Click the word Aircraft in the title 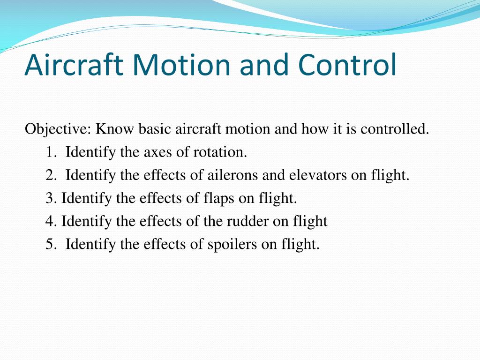[74, 64]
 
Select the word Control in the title [347, 64]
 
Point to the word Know [115, 129]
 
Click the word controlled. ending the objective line [395, 129]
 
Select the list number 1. [51, 152]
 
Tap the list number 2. [51, 175]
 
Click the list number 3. [51, 198]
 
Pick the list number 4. [51, 221]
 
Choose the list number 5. [51, 244]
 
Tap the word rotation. [220, 152]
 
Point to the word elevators [318, 175]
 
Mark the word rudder [247, 221]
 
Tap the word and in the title [264, 64]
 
